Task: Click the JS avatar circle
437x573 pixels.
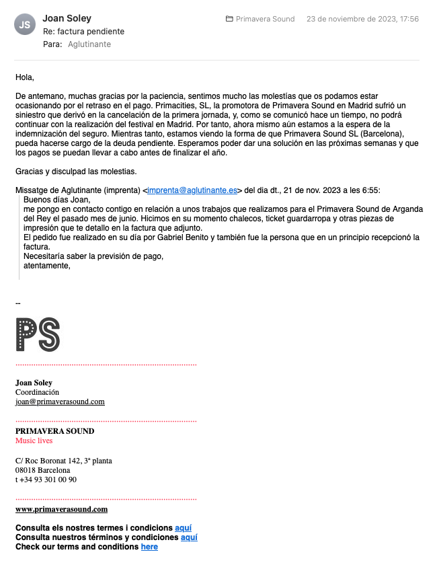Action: [x=25, y=25]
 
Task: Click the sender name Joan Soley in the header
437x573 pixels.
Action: [x=67, y=18]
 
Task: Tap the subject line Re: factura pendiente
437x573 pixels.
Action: [x=83, y=32]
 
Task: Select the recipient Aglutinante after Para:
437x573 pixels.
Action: [x=89, y=44]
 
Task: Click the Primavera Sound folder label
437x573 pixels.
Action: [x=265, y=19]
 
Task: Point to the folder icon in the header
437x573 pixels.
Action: [x=229, y=19]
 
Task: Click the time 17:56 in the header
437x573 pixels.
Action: [x=408, y=19]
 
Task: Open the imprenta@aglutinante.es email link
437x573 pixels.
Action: [x=192, y=190]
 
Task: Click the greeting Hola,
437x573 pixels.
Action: [x=24, y=77]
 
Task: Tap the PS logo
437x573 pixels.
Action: [x=38, y=334]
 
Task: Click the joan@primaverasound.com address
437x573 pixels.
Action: [x=60, y=402]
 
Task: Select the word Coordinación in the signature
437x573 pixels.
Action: [x=37, y=392]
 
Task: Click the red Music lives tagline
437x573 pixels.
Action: [x=34, y=441]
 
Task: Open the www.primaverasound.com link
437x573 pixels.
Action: [x=61, y=509]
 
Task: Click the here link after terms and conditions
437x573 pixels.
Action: [x=149, y=547]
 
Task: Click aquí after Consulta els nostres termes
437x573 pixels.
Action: [x=183, y=528]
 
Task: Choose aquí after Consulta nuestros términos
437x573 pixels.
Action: [x=189, y=537]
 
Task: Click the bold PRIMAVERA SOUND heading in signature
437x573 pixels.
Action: [x=54, y=431]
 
